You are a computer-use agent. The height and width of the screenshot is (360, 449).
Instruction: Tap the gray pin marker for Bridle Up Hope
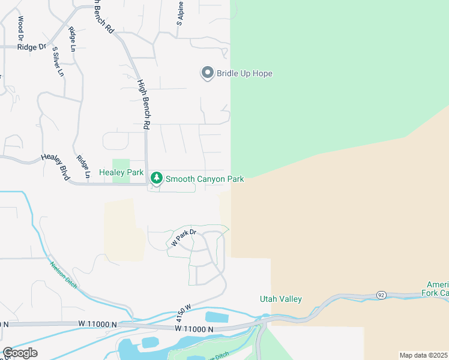(208, 73)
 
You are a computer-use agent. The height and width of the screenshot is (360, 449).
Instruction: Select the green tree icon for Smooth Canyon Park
(156, 178)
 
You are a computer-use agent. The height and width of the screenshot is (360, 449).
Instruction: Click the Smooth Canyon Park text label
(205, 179)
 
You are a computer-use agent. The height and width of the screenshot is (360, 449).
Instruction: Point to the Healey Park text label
(121, 172)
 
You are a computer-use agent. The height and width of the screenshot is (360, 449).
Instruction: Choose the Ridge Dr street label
(32, 46)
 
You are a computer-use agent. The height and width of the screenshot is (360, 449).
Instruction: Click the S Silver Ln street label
(58, 62)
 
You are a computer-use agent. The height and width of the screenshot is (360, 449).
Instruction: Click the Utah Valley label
(280, 299)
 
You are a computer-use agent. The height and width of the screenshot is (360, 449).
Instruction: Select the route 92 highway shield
(381, 295)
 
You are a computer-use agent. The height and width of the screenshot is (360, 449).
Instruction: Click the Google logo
(19, 352)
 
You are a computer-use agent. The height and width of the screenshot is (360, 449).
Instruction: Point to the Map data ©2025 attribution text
(423, 355)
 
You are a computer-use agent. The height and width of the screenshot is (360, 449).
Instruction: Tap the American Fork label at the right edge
(436, 289)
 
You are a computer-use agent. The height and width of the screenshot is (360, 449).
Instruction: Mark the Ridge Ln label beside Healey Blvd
(83, 167)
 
